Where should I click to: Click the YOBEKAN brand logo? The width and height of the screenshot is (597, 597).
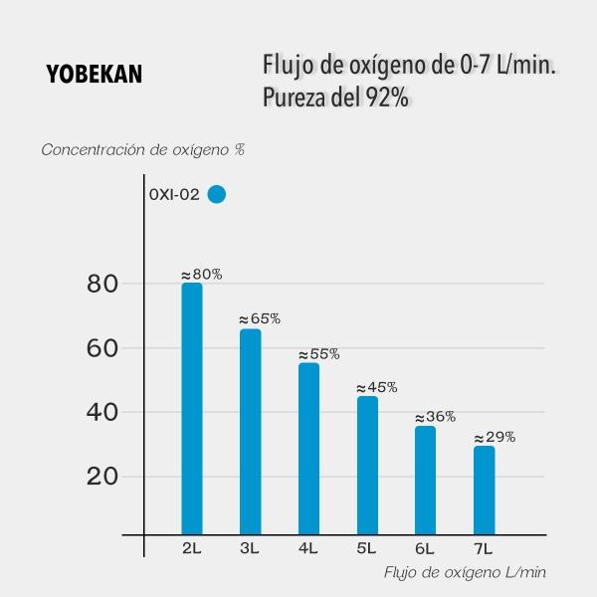[x=94, y=75]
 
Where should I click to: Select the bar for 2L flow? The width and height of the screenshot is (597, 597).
[x=192, y=408]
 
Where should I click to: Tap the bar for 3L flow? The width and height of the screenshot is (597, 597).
[x=251, y=432]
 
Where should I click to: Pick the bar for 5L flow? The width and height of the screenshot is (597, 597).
[x=367, y=466]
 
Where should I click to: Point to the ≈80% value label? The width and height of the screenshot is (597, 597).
[x=201, y=274]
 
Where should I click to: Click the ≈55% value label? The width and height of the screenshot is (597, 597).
[x=318, y=353]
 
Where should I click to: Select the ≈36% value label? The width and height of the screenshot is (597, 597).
[x=435, y=417]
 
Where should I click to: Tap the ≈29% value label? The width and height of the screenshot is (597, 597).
[x=494, y=437]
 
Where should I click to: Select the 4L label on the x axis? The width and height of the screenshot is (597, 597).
[x=308, y=547]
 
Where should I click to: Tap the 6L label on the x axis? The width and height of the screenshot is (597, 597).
[x=425, y=547]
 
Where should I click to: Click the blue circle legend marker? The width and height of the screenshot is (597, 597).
[x=217, y=195]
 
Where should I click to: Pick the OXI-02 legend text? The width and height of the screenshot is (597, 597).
[x=175, y=195]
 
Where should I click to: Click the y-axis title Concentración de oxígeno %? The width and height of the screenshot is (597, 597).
[x=143, y=150]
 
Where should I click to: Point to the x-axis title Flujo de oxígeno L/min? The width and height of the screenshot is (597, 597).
[x=466, y=572]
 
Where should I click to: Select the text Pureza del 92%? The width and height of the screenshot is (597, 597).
[x=335, y=99]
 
